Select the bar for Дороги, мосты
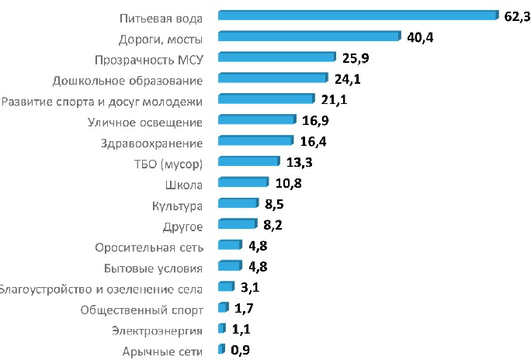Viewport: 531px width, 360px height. pos(310,36)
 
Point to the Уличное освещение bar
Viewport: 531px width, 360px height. pos(257,119)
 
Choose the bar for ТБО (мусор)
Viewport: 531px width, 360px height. pos(248,161)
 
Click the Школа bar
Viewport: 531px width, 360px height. pos(243,182)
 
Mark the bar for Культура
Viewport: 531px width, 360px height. pos(238,203)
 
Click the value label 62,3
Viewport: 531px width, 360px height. pos(515,16)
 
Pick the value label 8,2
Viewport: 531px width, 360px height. pos(272,226)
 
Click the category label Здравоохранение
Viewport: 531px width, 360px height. pos(151,143)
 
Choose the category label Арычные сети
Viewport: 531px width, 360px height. pos(163,351)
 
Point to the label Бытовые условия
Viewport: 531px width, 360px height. pos(153,268)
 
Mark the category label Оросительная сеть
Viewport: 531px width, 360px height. pos(149,247)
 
